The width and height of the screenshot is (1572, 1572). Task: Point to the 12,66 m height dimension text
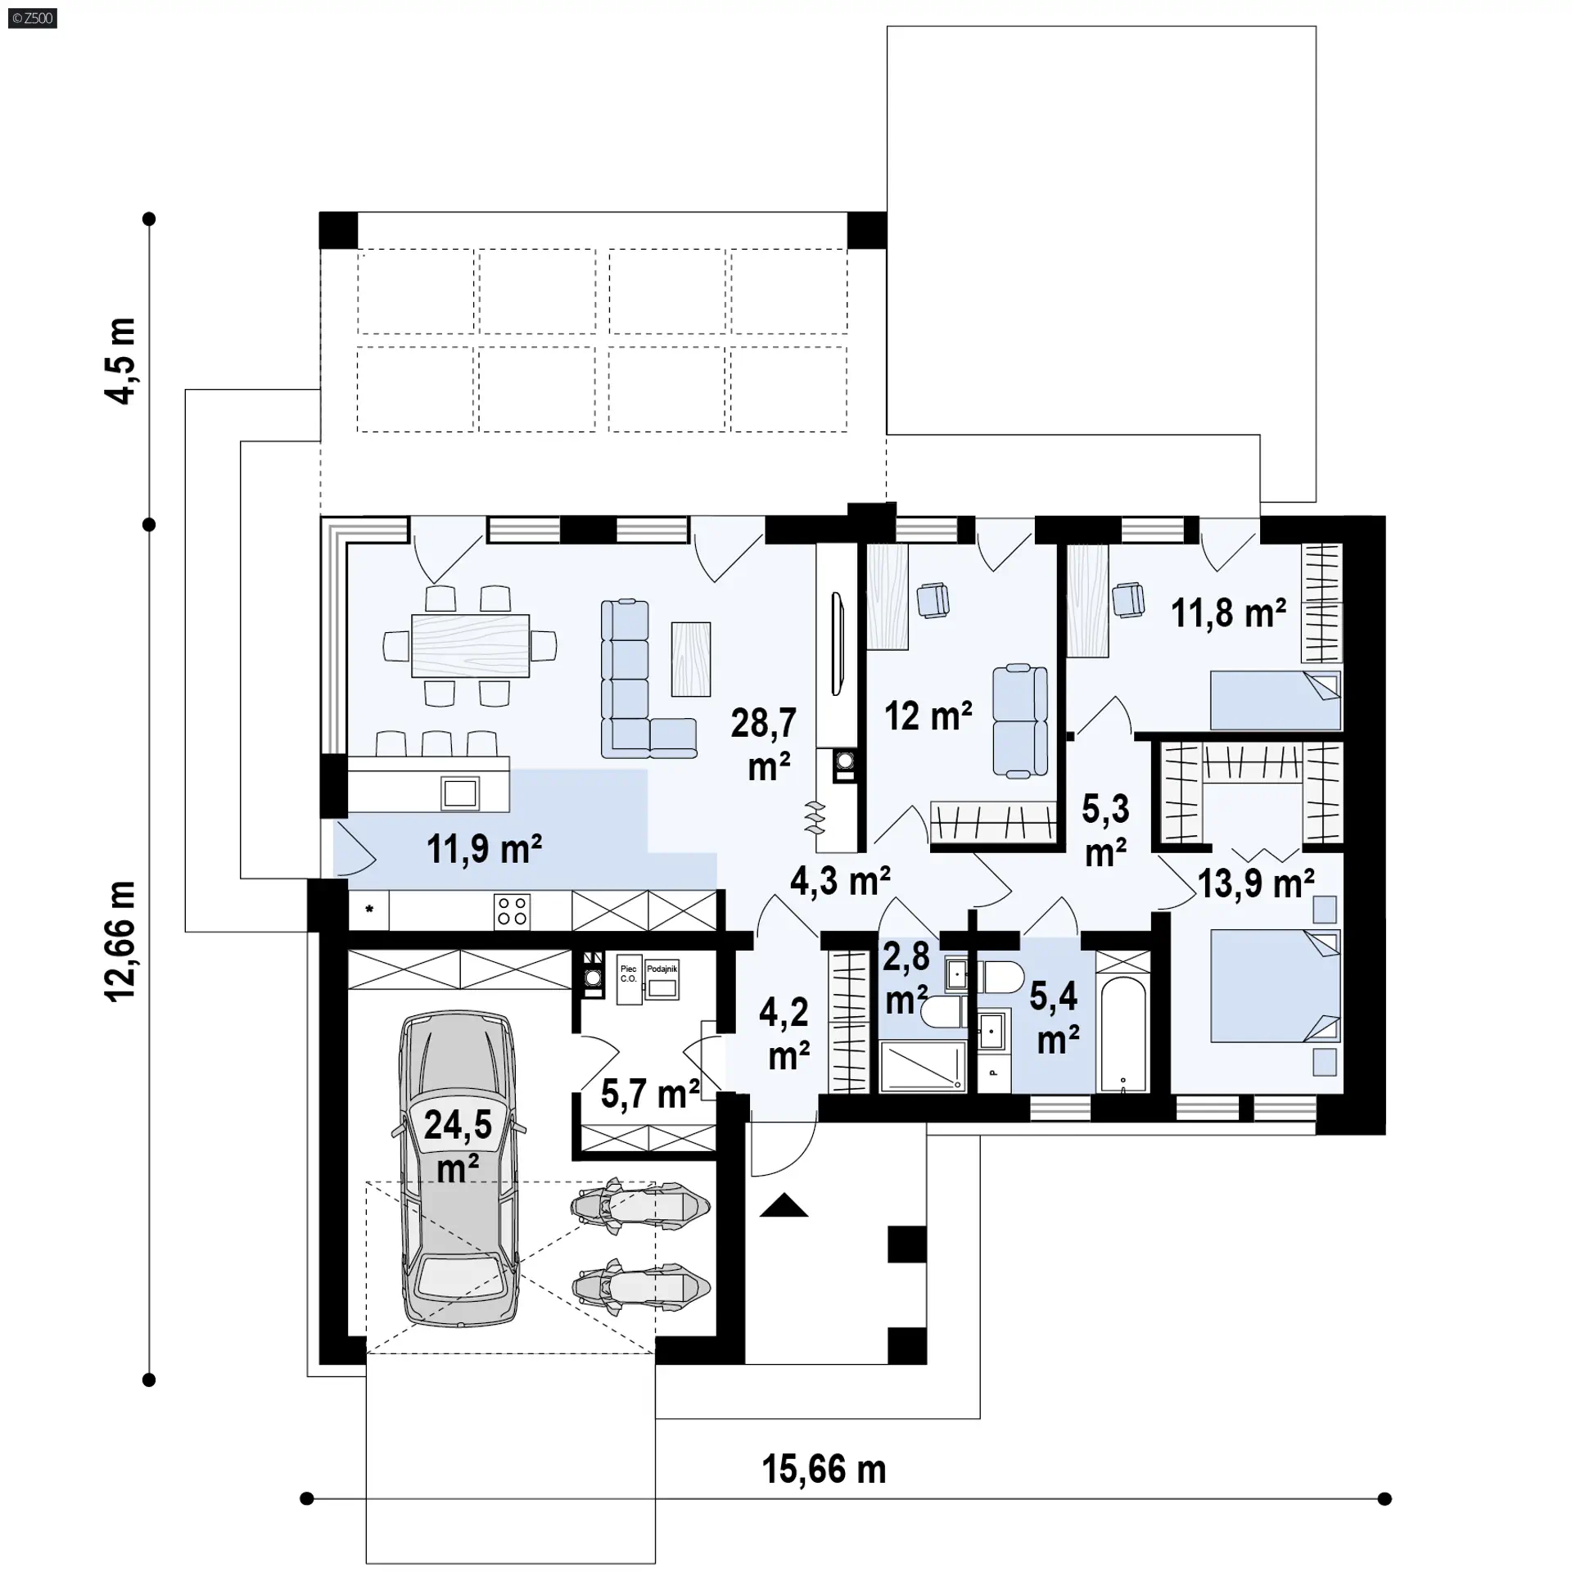(120, 941)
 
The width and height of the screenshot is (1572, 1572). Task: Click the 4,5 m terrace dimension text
(120, 360)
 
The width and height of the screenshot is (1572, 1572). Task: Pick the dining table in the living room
(470, 646)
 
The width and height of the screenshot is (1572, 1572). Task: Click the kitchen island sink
(459, 793)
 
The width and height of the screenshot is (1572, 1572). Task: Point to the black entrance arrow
(784, 1205)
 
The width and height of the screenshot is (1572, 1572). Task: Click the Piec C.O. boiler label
(628, 973)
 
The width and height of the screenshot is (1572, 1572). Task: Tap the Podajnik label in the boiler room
(662, 969)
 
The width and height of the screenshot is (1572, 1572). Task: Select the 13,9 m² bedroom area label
(1256, 883)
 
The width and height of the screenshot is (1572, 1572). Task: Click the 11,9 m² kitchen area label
(484, 849)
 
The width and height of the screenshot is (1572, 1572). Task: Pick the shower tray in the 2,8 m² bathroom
(923, 1066)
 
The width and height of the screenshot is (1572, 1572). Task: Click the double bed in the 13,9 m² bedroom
(1276, 985)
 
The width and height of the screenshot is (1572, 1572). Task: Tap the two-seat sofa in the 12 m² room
(1019, 720)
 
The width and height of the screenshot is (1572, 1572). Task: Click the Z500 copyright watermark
(33, 17)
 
